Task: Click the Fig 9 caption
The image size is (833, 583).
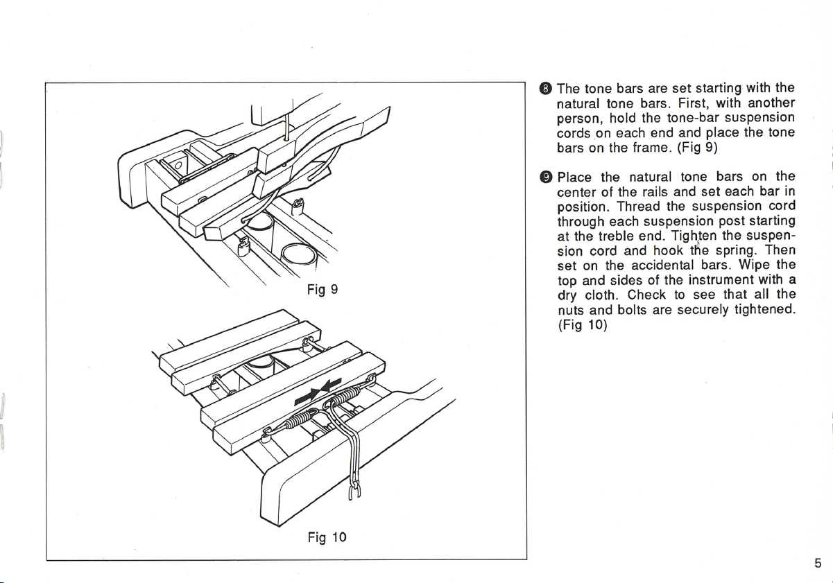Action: [323, 290]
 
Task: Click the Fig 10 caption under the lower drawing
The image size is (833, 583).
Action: [327, 537]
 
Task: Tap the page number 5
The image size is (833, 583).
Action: [818, 564]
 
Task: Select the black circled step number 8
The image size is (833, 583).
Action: [545, 89]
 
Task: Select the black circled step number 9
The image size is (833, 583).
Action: [546, 177]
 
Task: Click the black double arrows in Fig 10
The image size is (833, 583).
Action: [318, 392]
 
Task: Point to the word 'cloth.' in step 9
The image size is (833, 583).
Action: [601, 295]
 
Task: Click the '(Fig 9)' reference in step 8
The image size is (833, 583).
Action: [697, 148]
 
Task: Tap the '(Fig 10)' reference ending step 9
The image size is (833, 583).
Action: [583, 325]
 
